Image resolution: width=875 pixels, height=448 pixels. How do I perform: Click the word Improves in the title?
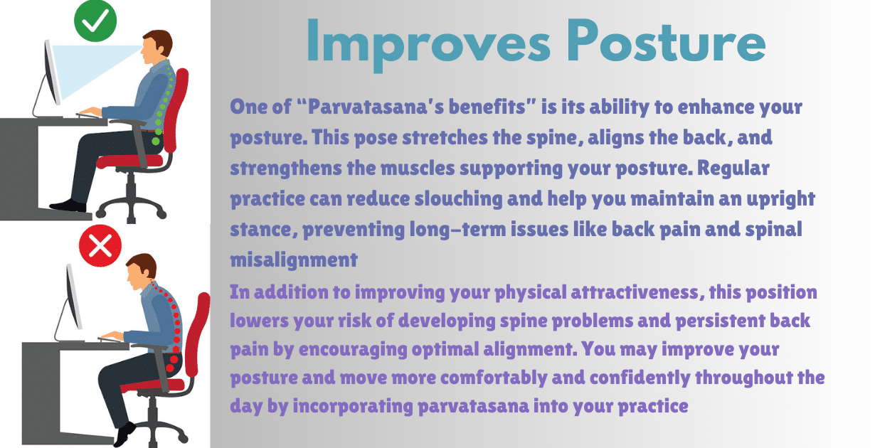click(x=428, y=42)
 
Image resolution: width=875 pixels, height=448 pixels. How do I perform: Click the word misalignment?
click(x=293, y=260)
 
